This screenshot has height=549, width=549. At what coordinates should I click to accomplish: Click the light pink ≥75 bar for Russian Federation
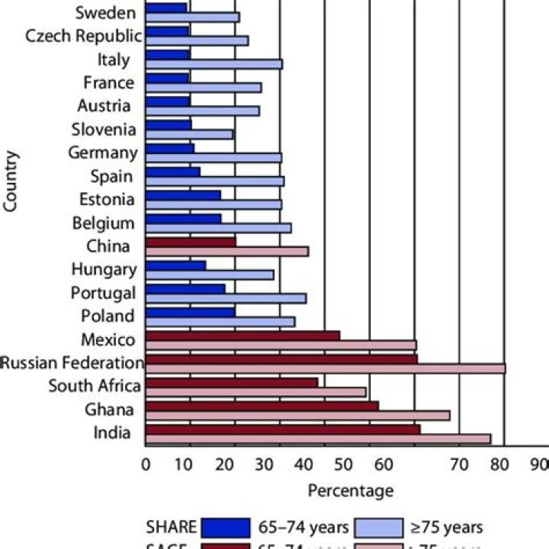point(325,369)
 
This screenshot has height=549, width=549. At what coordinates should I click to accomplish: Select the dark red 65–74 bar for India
point(282,429)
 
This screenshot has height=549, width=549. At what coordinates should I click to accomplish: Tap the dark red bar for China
point(191,242)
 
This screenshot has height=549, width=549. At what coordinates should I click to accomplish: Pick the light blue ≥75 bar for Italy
point(213,64)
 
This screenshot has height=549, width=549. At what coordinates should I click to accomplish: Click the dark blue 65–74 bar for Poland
point(190,312)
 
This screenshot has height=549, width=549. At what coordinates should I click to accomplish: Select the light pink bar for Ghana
point(297,416)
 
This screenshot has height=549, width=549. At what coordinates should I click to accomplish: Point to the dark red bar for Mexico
point(242,335)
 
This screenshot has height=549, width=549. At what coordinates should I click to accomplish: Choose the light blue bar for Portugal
point(226,298)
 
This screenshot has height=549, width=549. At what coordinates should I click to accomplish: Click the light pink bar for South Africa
point(255,392)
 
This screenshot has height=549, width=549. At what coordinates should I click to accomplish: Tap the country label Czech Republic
point(83,36)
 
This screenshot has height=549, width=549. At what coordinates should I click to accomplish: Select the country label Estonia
point(107,200)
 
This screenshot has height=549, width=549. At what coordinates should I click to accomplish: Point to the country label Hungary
point(104,269)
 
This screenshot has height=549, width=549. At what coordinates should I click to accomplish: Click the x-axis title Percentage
point(351,490)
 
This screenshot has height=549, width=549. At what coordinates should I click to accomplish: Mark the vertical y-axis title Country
point(11,181)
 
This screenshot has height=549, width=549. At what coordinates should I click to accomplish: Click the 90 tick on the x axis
point(540,464)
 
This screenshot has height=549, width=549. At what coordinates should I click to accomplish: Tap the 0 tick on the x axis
point(146,464)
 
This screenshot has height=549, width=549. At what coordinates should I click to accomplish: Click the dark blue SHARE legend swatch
point(226,527)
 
